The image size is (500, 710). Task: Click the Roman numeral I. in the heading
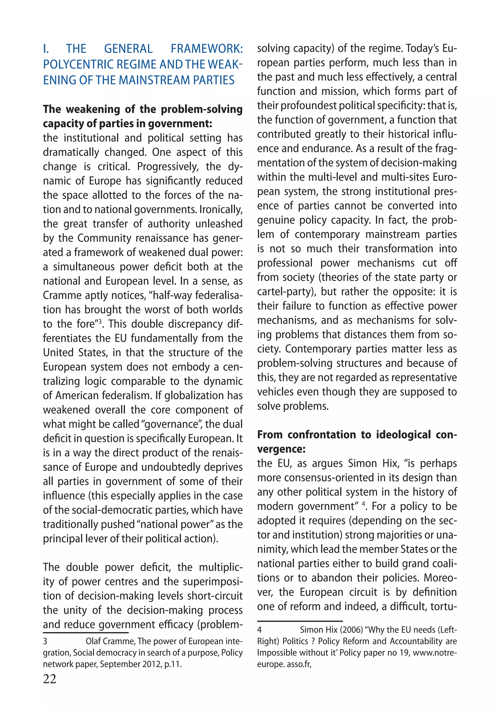[x=46, y=49]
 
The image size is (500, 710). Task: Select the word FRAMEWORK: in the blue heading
[x=207, y=49]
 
